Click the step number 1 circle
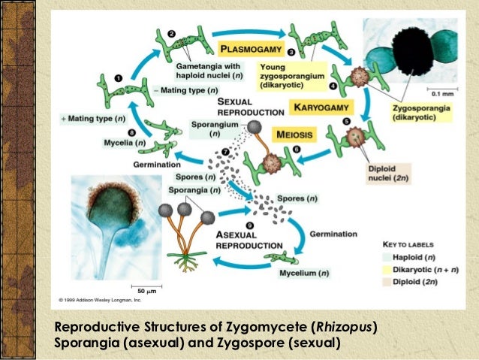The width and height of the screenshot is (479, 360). tap(119, 77)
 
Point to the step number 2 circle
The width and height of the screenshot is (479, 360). tap(171, 35)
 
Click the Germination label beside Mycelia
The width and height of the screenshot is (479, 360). tap(158, 164)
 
